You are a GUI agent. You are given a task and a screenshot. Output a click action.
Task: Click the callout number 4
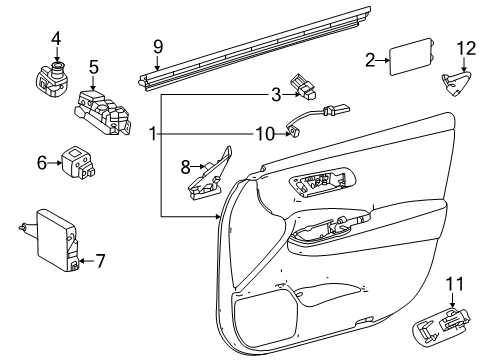pyautogui.click(x=56, y=39)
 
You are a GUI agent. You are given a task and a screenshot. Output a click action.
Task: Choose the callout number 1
pyautogui.click(x=153, y=133)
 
